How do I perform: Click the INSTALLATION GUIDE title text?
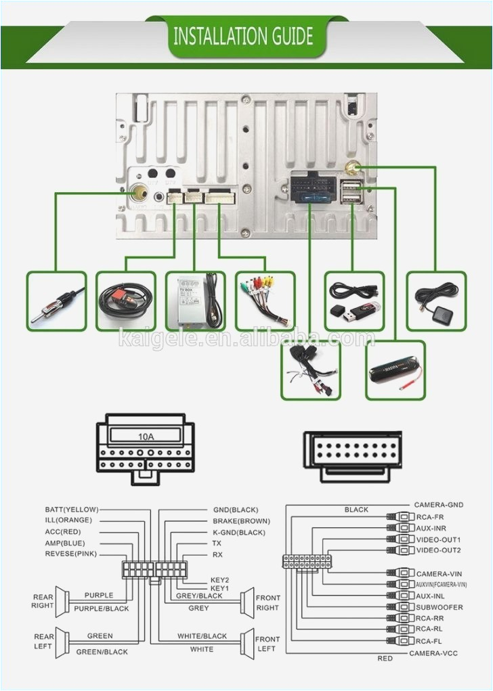click(243, 35)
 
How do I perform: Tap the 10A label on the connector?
click(146, 437)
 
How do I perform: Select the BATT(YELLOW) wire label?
click(72, 509)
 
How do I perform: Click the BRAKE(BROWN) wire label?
click(241, 521)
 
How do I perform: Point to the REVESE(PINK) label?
click(71, 554)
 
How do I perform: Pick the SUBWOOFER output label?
click(440, 607)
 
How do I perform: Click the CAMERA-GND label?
click(438, 505)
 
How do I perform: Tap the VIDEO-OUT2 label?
click(438, 550)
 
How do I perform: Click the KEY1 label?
click(219, 589)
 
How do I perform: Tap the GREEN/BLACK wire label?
click(102, 652)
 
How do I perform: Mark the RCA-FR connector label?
click(431, 516)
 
